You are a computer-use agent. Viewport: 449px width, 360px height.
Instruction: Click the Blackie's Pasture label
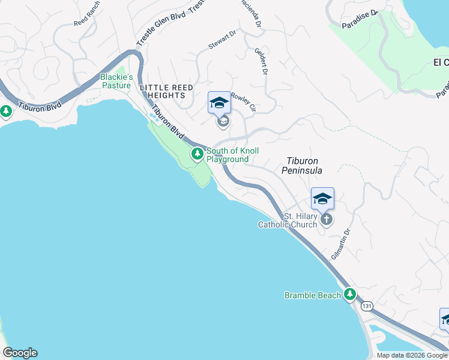116,81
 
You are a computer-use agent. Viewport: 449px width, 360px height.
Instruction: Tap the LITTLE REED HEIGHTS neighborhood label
167,92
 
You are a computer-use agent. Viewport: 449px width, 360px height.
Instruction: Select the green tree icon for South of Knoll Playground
197,154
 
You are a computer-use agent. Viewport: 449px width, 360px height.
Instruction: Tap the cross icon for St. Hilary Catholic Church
326,219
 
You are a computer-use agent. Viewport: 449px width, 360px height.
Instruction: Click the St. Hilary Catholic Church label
288,220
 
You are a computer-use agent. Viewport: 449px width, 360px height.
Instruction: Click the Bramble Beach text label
312,295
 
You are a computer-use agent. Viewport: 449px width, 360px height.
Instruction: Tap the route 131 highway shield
367,306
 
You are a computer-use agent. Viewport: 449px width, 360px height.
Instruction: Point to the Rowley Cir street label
244,102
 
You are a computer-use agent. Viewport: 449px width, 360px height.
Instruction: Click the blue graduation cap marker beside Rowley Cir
219,103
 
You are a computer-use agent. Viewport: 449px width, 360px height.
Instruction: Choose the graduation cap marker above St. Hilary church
322,198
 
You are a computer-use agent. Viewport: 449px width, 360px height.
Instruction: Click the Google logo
20,353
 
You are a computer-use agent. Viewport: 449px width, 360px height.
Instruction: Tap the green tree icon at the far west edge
6,111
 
